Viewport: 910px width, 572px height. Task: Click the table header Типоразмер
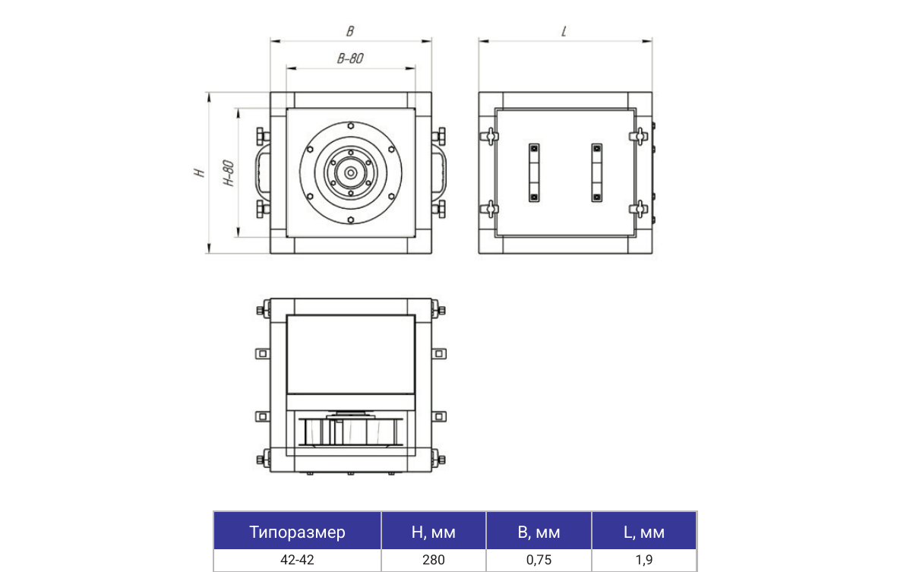(x=297, y=532)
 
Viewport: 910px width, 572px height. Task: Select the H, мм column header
(x=433, y=532)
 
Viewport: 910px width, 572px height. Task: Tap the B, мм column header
(x=539, y=532)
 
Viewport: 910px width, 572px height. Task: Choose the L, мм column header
(x=643, y=532)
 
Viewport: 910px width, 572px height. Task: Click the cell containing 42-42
(x=297, y=560)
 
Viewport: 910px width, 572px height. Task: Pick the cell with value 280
(x=433, y=560)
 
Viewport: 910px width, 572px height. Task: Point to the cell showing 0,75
(x=539, y=560)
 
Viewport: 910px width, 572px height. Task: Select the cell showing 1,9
(x=643, y=560)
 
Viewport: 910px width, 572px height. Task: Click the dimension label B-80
(x=350, y=58)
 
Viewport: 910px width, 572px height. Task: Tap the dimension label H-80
(x=229, y=173)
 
